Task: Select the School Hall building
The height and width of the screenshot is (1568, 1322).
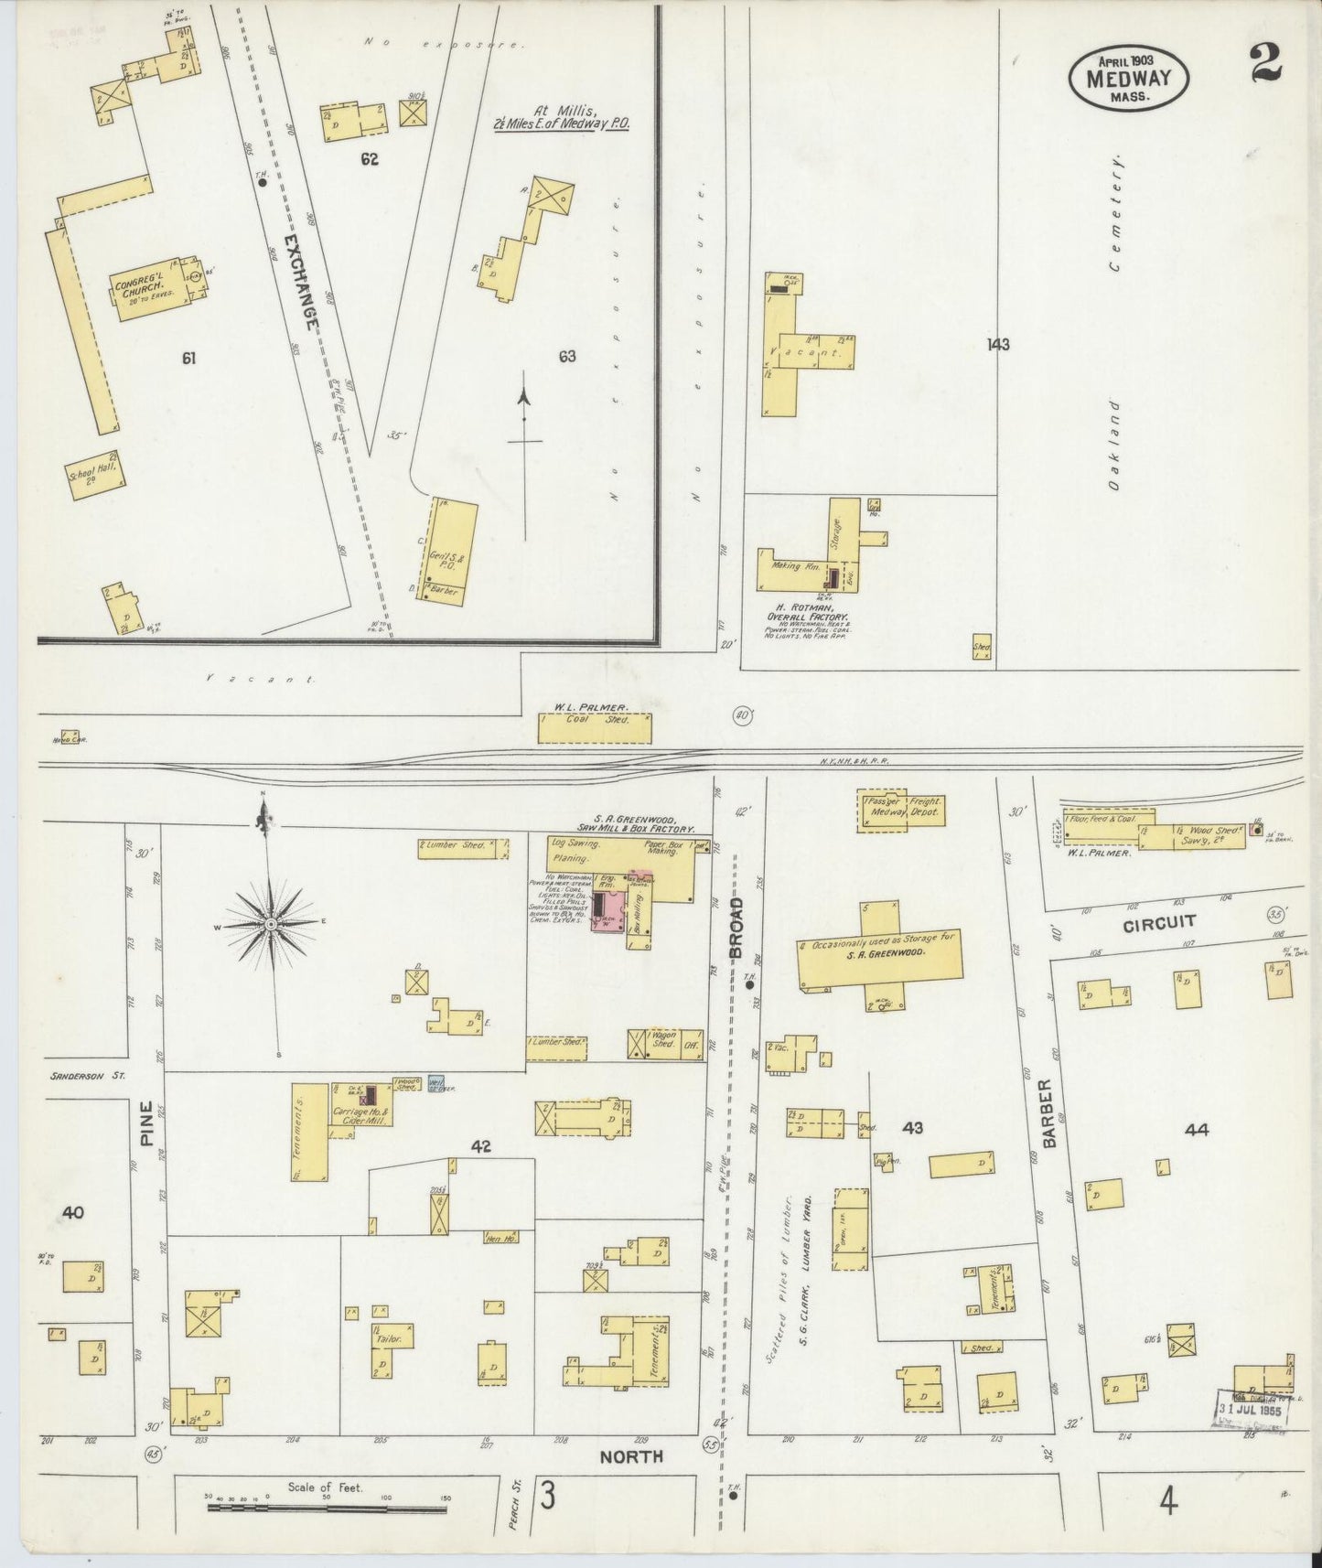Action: coord(95,476)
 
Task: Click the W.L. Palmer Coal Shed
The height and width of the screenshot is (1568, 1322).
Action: coord(595,728)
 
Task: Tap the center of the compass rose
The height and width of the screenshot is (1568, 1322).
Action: coord(272,925)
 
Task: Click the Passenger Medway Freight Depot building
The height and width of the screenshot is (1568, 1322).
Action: coord(900,811)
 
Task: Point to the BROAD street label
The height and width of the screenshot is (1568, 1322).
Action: coord(736,926)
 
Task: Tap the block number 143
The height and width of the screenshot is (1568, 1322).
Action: coord(998,345)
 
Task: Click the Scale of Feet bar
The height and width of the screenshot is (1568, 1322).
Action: coord(327,1506)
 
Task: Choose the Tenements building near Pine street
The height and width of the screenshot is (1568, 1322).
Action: coord(310,1131)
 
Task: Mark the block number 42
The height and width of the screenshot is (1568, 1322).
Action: coord(482,1145)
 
